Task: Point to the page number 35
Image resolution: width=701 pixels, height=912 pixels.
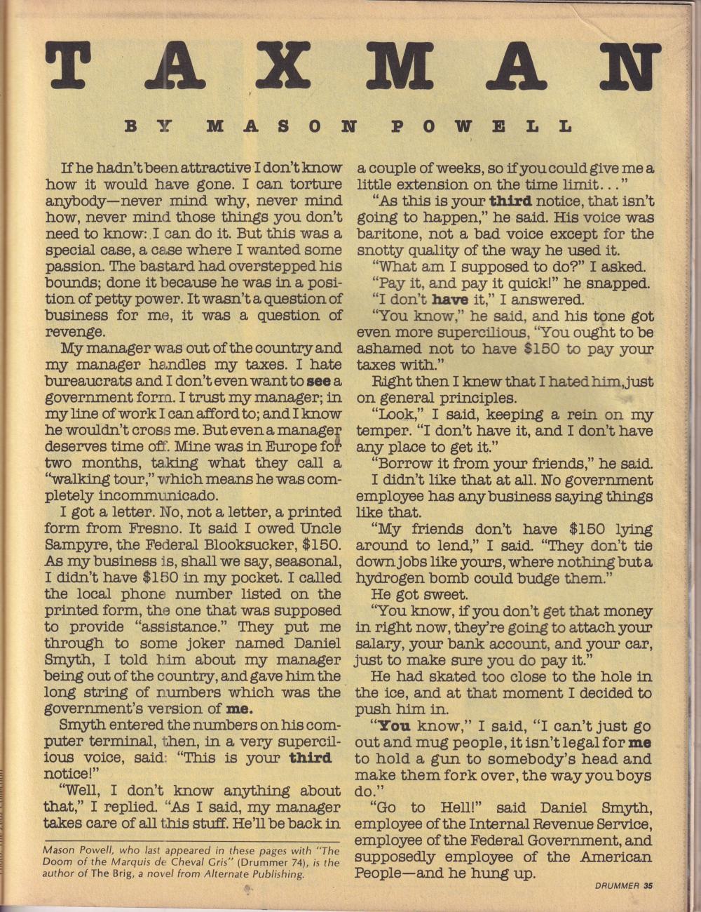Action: [x=647, y=885]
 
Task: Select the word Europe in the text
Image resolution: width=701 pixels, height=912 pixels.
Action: [x=290, y=447]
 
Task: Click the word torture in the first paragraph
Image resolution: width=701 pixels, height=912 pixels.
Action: [x=315, y=185]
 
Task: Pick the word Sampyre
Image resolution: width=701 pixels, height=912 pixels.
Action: [x=73, y=545]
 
